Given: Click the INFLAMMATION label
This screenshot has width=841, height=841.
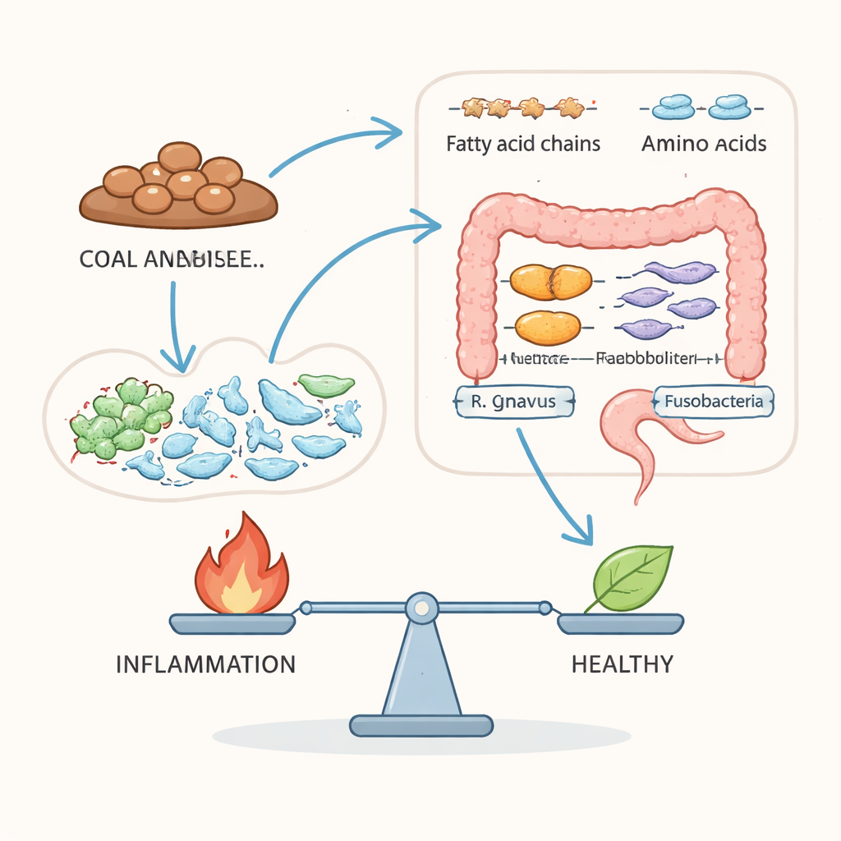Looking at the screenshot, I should click(x=205, y=664).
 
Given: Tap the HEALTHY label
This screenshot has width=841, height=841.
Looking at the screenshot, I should click(x=622, y=664).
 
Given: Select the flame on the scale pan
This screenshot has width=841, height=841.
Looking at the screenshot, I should click(x=241, y=567).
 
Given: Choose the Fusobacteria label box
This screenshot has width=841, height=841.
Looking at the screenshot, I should click(x=713, y=402).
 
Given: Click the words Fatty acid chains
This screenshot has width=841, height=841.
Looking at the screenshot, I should click(x=523, y=145).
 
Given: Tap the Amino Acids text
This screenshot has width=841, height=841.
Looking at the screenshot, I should click(x=704, y=145).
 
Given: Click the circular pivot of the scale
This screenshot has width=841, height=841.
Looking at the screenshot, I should click(x=420, y=608).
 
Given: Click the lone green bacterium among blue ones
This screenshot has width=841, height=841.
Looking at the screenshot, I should click(x=326, y=384).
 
